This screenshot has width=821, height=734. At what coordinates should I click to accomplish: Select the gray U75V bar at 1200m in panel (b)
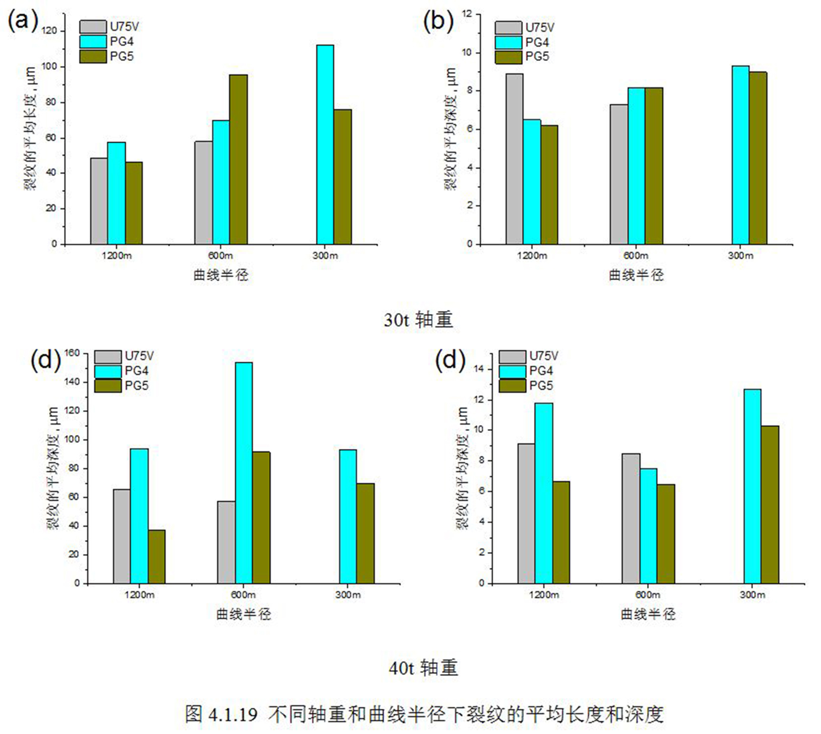coord(515,159)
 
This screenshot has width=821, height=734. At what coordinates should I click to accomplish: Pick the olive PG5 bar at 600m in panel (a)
coord(238,159)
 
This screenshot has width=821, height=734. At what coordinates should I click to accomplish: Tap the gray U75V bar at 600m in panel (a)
coord(203,192)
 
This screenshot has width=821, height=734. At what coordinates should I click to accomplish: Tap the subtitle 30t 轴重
coord(418,320)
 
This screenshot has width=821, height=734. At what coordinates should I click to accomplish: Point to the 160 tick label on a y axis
coord(72,353)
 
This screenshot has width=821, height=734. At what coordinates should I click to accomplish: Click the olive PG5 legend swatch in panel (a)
coord(93,56)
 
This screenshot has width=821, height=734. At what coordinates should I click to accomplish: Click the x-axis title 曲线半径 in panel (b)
coord(636,275)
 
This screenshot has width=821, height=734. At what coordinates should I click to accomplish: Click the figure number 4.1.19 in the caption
coord(233,715)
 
